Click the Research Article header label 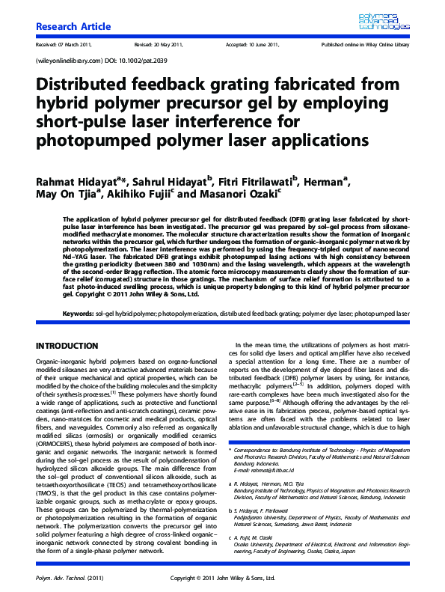[73, 27]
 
